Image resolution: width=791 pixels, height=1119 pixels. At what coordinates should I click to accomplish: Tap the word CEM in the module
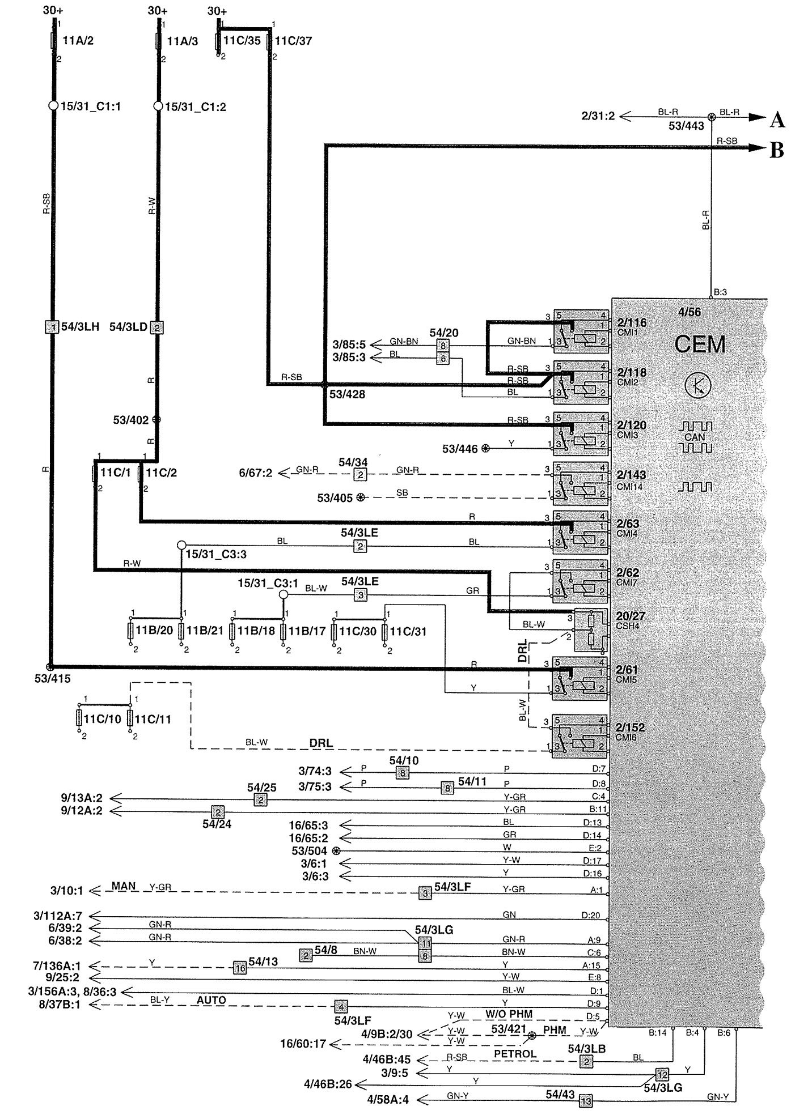tap(700, 344)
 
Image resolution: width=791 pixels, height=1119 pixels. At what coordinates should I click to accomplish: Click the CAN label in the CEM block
tap(695, 437)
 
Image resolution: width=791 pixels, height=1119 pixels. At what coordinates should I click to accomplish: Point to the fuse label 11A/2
tap(77, 41)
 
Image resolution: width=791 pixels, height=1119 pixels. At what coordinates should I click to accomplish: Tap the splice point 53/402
tap(157, 420)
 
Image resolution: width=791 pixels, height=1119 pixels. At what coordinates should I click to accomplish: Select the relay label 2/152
tap(631, 727)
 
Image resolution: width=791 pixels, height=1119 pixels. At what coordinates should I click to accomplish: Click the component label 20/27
tap(631, 616)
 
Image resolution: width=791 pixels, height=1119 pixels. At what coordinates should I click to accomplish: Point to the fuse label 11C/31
tap(408, 631)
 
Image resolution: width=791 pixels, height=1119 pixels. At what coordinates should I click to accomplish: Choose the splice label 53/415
tap(52, 678)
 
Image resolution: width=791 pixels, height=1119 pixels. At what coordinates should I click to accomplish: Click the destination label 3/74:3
tap(315, 771)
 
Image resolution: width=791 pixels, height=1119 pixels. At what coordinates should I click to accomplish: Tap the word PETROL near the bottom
tap(515, 1054)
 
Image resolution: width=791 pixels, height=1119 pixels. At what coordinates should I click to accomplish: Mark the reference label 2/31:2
tap(598, 117)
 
